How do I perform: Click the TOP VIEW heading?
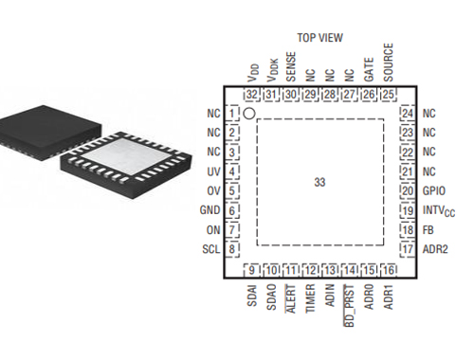point(319,38)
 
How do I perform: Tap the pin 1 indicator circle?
point(249,114)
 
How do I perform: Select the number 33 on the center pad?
point(319,182)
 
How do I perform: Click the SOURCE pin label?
point(388,63)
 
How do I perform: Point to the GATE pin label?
point(369,69)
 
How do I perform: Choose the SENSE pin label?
point(291,66)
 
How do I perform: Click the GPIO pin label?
point(434,190)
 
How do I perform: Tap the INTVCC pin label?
point(439,211)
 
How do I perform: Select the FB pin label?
point(428,230)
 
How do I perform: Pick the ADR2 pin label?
point(435,249)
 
